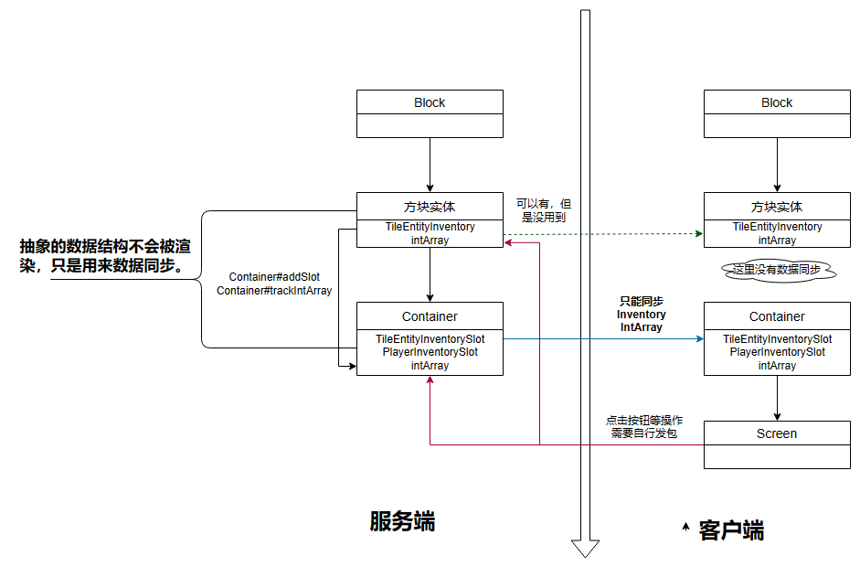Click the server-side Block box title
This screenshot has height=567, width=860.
click(x=430, y=102)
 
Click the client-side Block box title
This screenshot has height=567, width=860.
click(x=777, y=102)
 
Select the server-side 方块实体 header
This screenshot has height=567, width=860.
click(x=430, y=207)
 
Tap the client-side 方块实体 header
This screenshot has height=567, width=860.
click(x=777, y=207)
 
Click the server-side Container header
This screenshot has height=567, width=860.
click(x=430, y=316)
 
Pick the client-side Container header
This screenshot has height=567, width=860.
click(x=777, y=316)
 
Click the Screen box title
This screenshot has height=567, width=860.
click(x=777, y=433)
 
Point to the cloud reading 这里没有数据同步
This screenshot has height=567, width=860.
click(x=777, y=270)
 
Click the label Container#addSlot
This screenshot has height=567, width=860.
click(x=274, y=276)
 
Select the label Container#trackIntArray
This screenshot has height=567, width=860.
click(x=274, y=291)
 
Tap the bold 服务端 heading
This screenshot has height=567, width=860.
click(x=402, y=521)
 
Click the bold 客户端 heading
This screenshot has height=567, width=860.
click(x=731, y=530)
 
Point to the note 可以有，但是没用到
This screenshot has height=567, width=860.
click(x=543, y=210)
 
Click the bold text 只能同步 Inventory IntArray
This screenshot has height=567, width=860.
click(x=642, y=314)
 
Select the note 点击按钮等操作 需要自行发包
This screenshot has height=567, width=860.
click(x=644, y=427)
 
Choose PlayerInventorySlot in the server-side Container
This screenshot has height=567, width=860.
click(x=430, y=352)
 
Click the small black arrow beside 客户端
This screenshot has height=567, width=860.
click(x=685, y=527)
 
